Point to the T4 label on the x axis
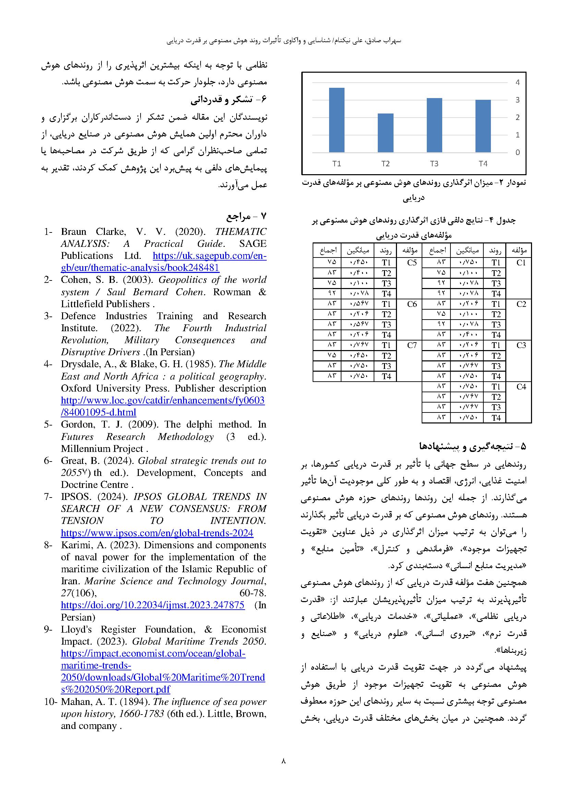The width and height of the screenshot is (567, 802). pos(483,164)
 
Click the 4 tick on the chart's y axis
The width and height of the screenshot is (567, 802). pos(517,82)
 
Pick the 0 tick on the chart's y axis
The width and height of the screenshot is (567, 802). pos(517,152)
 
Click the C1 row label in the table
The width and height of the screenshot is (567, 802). pos(521,263)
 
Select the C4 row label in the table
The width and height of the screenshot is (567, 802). pos(521,387)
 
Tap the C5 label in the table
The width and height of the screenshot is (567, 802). pos(412,263)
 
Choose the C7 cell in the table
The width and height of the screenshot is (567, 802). pos(412,346)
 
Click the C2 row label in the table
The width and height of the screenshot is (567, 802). pos(521,304)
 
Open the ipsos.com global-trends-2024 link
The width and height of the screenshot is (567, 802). pos(157,533)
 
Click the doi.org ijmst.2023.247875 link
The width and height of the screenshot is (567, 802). pos(153,605)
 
